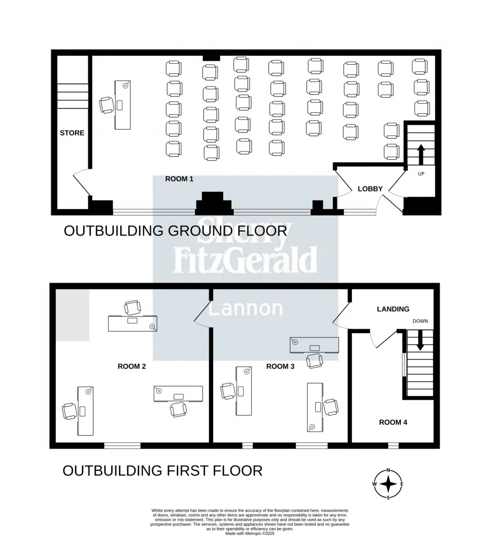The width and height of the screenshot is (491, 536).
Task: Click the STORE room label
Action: point(72,133)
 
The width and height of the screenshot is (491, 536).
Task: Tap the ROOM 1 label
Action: point(179,179)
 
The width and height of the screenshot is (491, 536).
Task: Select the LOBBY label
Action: point(370,189)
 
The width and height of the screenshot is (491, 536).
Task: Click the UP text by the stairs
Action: point(421,174)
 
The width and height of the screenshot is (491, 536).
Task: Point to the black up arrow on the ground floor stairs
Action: point(421,154)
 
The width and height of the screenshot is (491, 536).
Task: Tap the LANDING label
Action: point(393,309)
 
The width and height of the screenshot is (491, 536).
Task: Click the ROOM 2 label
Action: point(132,366)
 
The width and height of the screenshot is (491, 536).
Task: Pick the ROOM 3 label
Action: point(280,366)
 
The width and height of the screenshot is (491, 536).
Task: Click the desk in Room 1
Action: point(122,105)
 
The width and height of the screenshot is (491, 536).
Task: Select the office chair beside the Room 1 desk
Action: point(106,105)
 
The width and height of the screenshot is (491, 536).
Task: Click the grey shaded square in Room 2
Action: point(72,315)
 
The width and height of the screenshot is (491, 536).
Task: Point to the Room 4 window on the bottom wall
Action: point(393,446)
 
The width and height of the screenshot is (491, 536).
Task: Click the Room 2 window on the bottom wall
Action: point(122,446)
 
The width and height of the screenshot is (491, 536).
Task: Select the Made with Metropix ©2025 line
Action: point(250,533)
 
